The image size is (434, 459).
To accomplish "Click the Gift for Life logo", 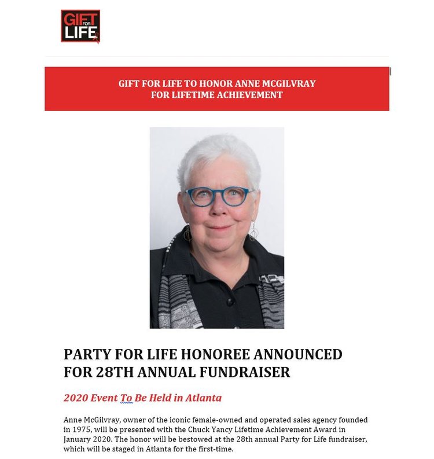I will click(x=80, y=26).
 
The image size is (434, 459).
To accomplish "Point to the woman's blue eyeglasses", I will click(x=218, y=196).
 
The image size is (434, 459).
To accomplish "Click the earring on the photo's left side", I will click(x=187, y=233).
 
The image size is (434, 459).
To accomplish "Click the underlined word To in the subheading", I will click(x=126, y=398).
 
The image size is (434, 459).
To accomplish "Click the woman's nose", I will click(x=218, y=210).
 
